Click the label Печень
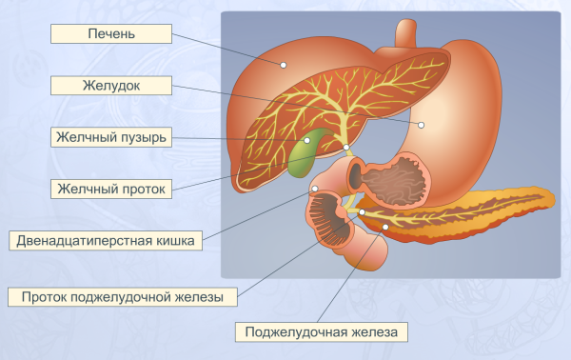112,35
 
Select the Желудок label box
112,86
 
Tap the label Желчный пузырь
112,137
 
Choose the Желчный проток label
112,189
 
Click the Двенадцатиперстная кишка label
106,240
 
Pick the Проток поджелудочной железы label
123,297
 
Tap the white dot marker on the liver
283,65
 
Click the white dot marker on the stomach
420,124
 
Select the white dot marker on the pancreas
384,227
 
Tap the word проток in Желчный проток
142,189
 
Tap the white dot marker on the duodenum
315,189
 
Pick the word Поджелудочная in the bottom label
295,331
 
